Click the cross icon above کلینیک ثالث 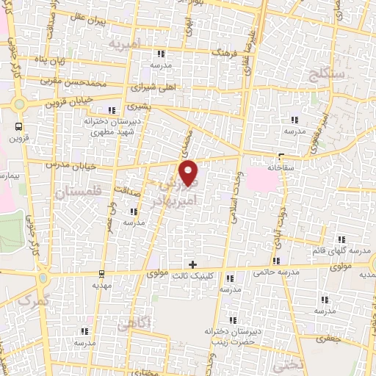pyautogui.click(x=192, y=264)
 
